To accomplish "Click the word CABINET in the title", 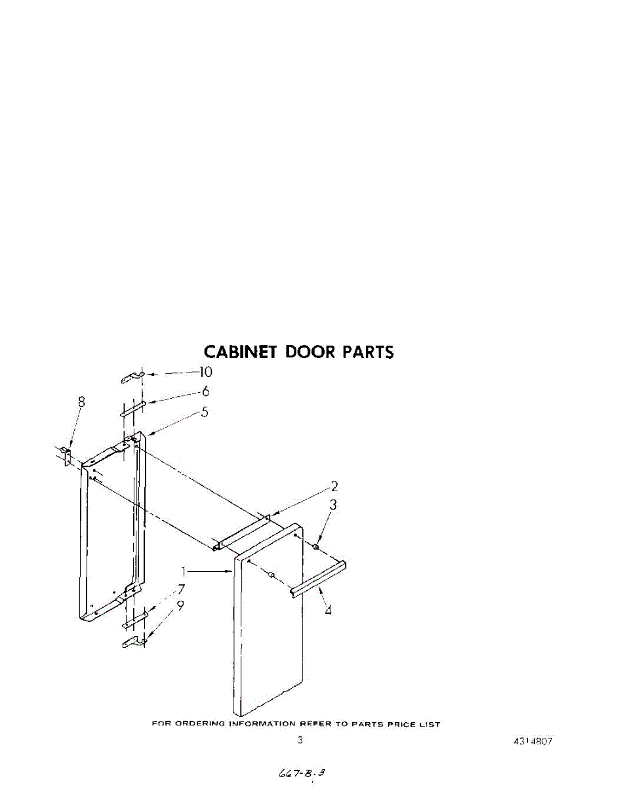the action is point(239,352).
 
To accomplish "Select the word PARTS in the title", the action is point(368,352).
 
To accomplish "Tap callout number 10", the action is point(205,372).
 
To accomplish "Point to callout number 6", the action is point(205,392).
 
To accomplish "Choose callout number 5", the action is point(205,413).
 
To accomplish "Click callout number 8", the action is point(81,402).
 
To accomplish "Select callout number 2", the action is point(334,487).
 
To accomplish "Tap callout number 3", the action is point(333,505).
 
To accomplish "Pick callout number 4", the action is point(328,611).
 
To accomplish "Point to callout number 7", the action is point(181,589).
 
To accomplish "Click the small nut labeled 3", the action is point(316,546).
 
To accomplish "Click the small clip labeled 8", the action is point(66,454).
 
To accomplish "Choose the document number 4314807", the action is point(532,742).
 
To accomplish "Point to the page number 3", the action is point(300,741).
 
